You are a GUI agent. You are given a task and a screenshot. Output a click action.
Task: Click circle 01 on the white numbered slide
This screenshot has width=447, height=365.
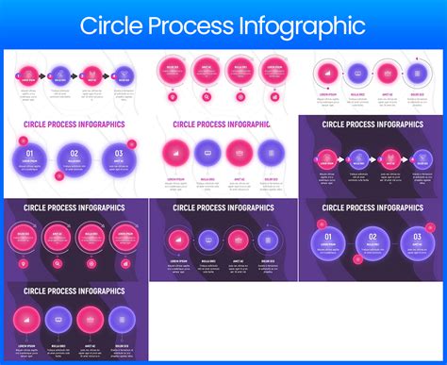[x=31, y=158]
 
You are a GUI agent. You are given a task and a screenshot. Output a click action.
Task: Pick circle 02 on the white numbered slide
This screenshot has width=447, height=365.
[x=74, y=158]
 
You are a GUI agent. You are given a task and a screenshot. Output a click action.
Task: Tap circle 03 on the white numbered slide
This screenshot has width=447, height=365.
[x=118, y=157]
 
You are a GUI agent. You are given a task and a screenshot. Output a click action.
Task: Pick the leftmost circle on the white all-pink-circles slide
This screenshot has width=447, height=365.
[x=173, y=70]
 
